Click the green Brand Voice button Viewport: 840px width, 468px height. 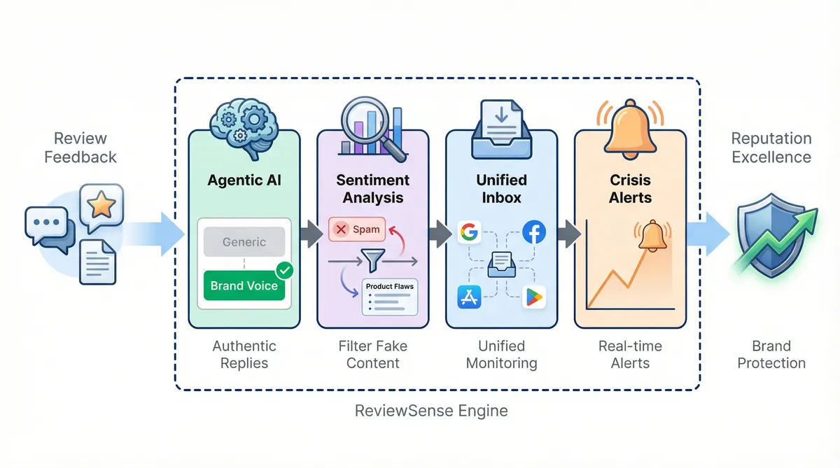coord(244,285)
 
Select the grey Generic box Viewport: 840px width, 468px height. coord(244,242)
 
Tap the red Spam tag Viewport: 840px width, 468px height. coord(356,229)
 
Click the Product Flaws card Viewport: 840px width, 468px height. coord(389,297)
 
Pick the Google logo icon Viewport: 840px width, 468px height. coord(470,232)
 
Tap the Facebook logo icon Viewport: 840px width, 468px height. coord(533,232)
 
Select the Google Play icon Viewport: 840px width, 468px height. coord(533,297)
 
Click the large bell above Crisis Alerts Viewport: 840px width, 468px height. coord(630,126)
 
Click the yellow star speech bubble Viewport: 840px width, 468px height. coord(102,205)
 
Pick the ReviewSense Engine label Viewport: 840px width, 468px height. coord(431,411)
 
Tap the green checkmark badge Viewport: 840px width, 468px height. coord(285,269)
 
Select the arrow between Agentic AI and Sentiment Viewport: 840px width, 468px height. coord(308,234)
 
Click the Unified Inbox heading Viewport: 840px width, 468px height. coord(501,188)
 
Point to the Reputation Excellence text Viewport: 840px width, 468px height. coord(771,147)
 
